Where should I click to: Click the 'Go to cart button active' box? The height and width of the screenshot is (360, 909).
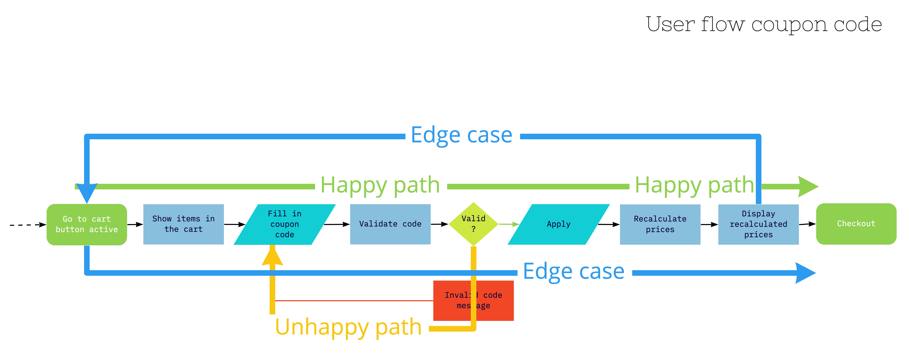click(87, 224)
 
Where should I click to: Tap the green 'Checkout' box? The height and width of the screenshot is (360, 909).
click(856, 224)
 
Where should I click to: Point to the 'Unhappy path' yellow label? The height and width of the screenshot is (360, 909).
click(348, 327)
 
